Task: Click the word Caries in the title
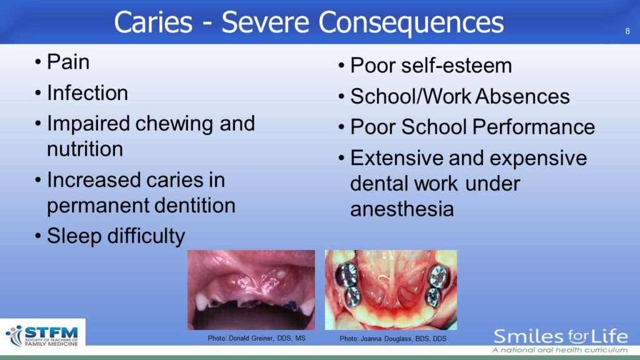point(153,22)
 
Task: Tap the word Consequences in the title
point(411,23)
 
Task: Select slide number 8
point(627,31)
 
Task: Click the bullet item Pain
point(67,62)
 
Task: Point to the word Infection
point(87,92)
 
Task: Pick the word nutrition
point(85,149)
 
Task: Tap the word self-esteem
point(456,65)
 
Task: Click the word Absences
point(522,96)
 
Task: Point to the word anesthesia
point(402,209)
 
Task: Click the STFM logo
point(42,336)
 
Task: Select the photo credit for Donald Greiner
point(256,338)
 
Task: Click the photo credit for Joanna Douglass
point(393,339)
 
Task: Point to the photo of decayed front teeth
point(251,290)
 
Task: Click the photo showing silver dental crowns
point(391,290)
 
